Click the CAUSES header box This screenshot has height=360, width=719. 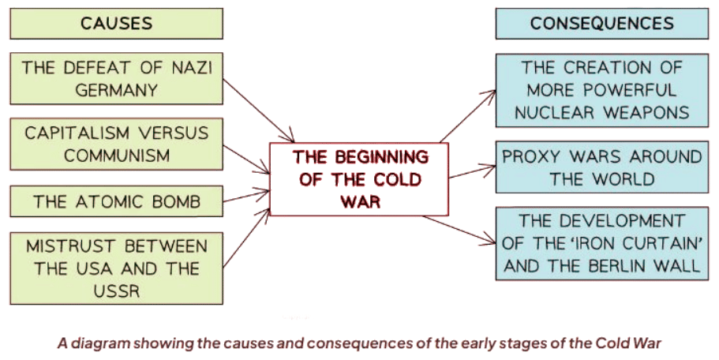(117, 23)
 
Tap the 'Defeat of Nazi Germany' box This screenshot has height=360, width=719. (117, 79)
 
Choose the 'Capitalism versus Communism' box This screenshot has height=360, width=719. (117, 144)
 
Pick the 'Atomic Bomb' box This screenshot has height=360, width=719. (117, 202)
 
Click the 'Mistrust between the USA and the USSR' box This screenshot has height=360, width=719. (117, 268)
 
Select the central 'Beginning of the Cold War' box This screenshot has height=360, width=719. (360, 179)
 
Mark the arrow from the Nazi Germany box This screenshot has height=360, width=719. (259, 106)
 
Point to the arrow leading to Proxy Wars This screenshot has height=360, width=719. (471, 171)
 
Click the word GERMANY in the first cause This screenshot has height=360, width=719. (117, 90)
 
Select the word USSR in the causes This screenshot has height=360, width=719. (115, 291)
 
